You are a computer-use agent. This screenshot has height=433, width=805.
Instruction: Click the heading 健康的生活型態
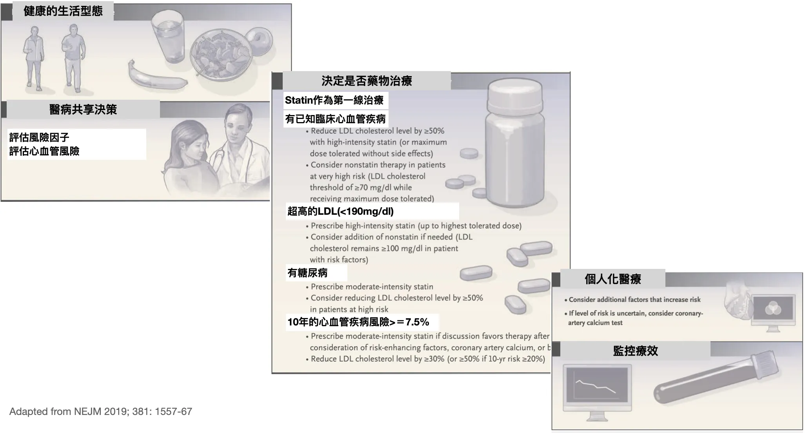click(x=63, y=11)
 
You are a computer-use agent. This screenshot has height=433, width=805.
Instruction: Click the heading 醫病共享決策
click(x=83, y=110)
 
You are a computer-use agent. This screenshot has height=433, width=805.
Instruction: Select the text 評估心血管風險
click(x=44, y=151)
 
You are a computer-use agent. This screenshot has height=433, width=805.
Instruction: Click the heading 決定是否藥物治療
click(x=367, y=81)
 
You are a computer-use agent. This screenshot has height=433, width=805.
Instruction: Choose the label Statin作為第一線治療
click(x=334, y=100)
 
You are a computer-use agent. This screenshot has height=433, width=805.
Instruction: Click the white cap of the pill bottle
click(x=514, y=94)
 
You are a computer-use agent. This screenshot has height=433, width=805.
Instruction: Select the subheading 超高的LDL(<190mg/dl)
click(x=340, y=212)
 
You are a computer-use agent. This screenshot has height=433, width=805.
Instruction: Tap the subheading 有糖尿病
click(x=307, y=273)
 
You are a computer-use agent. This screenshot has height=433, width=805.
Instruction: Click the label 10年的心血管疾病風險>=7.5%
click(x=358, y=322)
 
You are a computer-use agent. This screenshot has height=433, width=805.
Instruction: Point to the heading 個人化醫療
click(x=612, y=279)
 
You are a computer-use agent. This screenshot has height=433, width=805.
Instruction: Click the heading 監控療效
click(x=635, y=351)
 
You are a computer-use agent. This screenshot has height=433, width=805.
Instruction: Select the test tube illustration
click(x=716, y=380)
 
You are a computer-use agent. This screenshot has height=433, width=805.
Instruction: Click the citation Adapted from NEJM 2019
click(x=101, y=412)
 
